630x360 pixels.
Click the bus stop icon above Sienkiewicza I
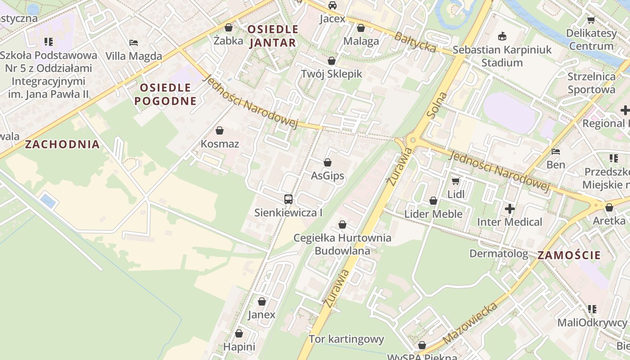(x=288, y=199)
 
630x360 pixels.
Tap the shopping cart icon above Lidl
(x=455, y=181)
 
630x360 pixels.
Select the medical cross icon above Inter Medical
(x=509, y=209)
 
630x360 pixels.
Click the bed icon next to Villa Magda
(x=134, y=43)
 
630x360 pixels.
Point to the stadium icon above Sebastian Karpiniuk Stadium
(x=502, y=36)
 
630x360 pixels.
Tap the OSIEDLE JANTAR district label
(x=273, y=36)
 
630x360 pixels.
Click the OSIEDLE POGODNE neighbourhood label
(x=166, y=94)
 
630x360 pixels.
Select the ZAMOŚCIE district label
(x=569, y=255)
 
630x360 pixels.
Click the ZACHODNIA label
(x=62, y=144)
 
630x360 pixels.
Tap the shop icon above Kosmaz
(x=220, y=131)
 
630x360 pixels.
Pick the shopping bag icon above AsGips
(x=328, y=162)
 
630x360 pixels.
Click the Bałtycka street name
(x=415, y=41)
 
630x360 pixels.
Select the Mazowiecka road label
(x=470, y=323)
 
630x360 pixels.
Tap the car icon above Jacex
(x=333, y=5)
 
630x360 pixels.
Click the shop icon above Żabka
(x=229, y=27)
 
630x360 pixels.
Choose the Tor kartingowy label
(x=346, y=339)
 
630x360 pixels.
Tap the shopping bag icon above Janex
(x=262, y=301)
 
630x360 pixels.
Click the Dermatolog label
(x=499, y=253)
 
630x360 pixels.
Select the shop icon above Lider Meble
(x=433, y=201)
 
